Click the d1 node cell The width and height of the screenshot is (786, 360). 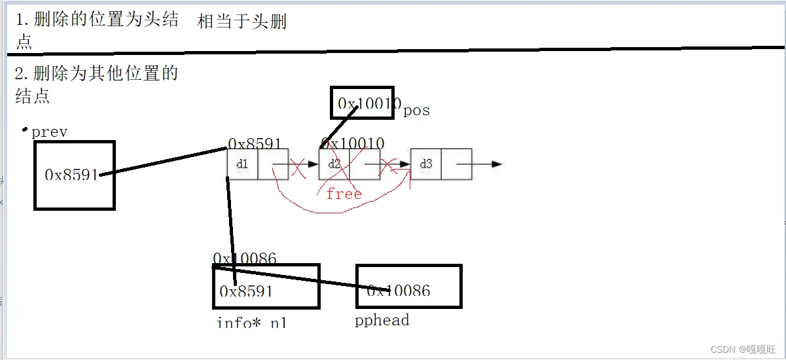coord(242,164)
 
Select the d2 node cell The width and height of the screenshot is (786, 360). coord(334,164)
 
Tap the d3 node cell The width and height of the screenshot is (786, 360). coord(426,164)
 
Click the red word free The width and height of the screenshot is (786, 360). coord(344,194)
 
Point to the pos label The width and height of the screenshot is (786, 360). coord(417,110)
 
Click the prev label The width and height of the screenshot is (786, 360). coord(50,132)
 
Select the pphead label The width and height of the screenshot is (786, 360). coord(382,320)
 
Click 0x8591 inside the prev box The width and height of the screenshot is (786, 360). coord(71,175)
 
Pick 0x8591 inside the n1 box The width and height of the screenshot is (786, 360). coord(246,291)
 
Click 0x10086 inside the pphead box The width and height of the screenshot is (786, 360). coord(399,290)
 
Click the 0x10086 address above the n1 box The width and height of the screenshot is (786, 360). coord(245,259)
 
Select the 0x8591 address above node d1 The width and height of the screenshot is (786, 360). coord(255,143)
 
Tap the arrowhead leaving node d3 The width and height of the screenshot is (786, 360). coord(497,164)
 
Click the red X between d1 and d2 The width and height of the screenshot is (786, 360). coord(297,168)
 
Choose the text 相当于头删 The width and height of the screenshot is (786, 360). coord(242,22)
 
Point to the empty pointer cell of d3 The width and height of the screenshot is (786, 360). coord(457,164)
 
